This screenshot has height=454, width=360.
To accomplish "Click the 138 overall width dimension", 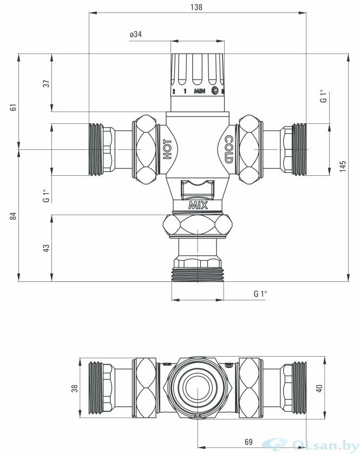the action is pos(197,7).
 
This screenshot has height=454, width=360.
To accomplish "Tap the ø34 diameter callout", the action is pos(136,35).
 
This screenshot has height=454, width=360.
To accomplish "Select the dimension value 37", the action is pos(47,83).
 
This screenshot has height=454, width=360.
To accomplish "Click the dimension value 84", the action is pos(14,216).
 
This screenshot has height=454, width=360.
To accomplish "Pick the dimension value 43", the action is pos(47,248).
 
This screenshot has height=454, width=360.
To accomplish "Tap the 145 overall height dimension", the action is pos(343,167).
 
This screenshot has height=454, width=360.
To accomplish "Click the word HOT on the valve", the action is pos(167,149).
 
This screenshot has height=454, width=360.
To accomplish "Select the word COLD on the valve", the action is pos(228,149).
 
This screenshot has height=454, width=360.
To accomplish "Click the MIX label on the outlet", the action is pos(198,206).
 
